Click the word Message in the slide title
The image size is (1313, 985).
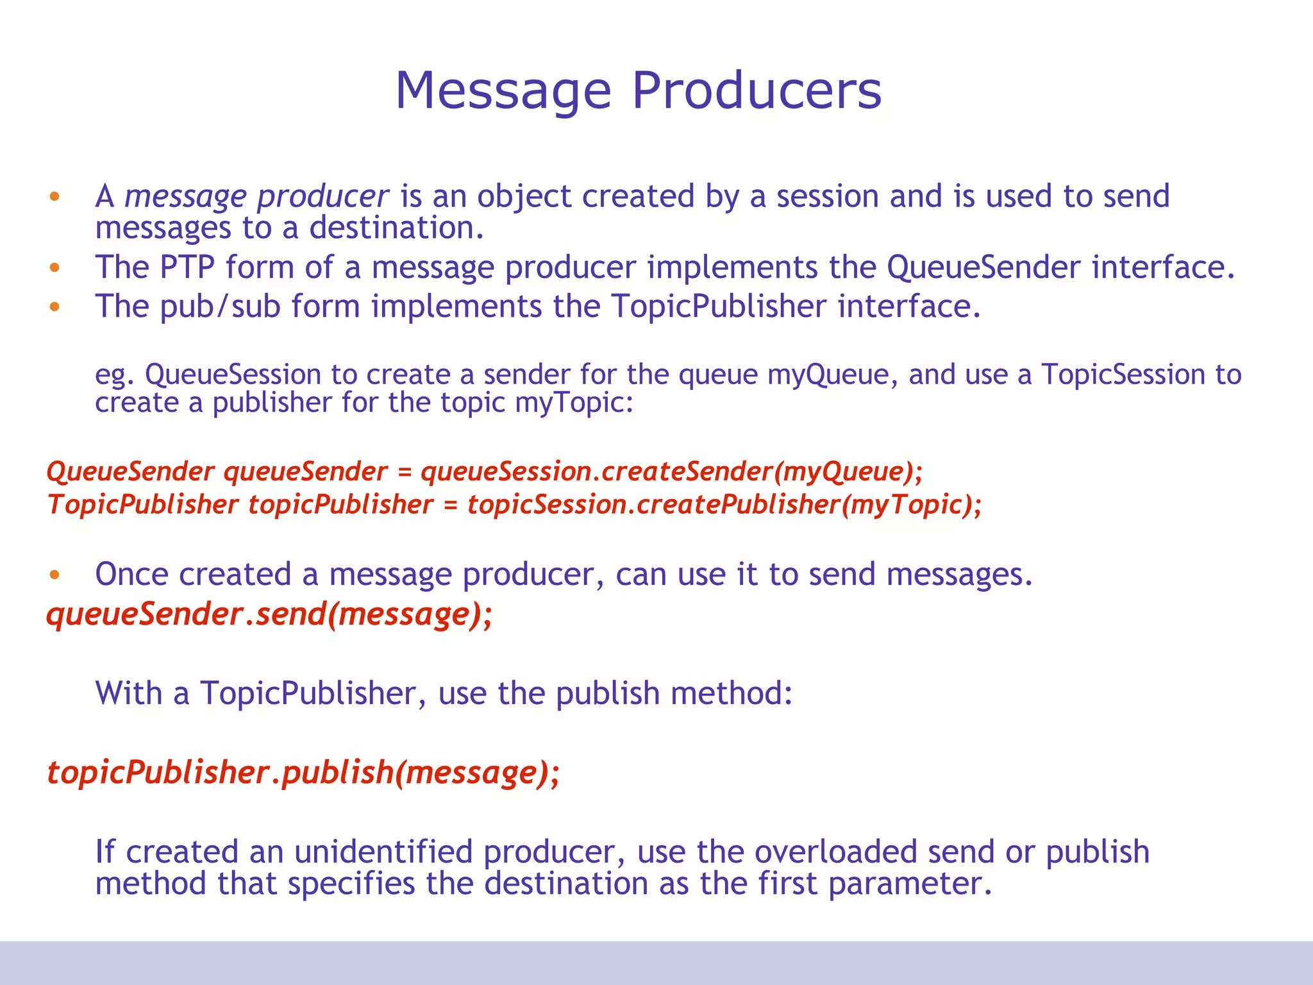click(x=503, y=92)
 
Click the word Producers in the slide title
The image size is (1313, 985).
click(x=757, y=90)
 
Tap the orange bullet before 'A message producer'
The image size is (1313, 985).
click(x=54, y=196)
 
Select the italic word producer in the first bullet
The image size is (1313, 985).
click(x=322, y=197)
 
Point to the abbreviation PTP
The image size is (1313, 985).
click(x=187, y=267)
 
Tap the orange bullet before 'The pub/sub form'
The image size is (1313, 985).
click(x=54, y=307)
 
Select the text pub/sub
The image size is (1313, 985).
click(x=220, y=307)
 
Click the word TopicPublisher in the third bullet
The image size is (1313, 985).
click(x=718, y=307)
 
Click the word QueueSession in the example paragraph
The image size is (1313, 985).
click(x=233, y=375)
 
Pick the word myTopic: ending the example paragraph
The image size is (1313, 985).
click(x=574, y=403)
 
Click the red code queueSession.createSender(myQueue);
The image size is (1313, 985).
click(x=671, y=472)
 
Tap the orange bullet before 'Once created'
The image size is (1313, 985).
click(x=54, y=575)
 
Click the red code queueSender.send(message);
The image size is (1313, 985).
click(x=269, y=615)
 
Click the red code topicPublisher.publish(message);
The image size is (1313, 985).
click(x=303, y=772)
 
